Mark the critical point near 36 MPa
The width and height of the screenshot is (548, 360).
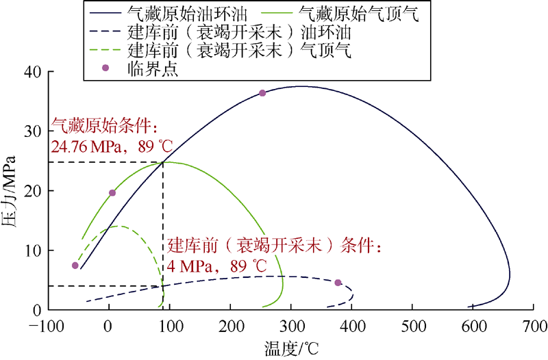262,93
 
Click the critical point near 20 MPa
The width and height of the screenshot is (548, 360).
112,193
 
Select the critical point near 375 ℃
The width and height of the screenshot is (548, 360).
338,282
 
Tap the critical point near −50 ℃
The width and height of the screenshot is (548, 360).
75,266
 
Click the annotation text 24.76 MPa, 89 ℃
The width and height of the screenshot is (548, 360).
112,146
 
